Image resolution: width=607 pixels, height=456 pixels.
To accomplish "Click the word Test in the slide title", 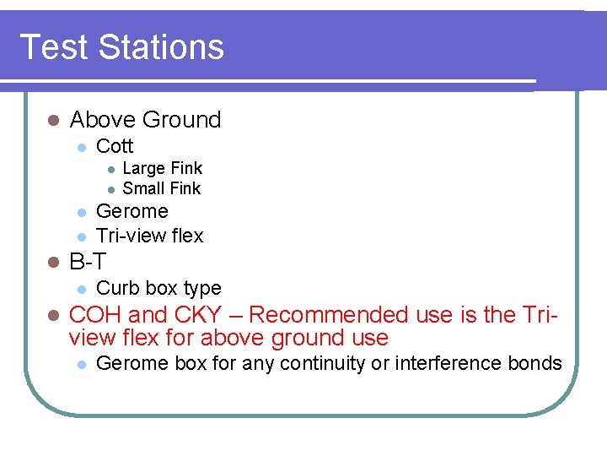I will point(53,46).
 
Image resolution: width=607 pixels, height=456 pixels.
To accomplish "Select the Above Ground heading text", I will point(145,120).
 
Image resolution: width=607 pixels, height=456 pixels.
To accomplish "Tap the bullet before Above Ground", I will point(52,121).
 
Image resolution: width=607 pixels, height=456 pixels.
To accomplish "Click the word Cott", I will point(115,146).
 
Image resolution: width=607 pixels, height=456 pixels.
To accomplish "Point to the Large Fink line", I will point(163,168).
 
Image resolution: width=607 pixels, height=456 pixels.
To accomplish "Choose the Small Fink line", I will point(162,188).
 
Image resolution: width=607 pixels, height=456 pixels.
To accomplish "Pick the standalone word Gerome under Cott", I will point(132,211).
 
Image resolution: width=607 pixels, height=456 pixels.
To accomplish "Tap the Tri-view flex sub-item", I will point(149,236).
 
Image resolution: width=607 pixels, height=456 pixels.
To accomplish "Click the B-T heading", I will point(88,262).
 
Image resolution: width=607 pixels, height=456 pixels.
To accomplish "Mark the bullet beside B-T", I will point(52,263).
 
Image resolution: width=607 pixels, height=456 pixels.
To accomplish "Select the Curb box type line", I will point(158,288).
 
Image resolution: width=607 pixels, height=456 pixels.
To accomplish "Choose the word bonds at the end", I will point(538,363).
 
